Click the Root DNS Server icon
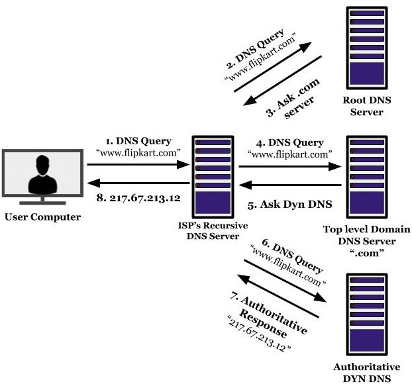pos(367,48)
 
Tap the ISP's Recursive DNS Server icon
pos(213,177)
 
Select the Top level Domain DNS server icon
pos(367,177)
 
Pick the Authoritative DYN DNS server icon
pos(367,314)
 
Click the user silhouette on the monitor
pos(42,175)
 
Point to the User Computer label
pos(42,217)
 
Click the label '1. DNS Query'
pos(138,141)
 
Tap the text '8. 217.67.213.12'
pos(138,197)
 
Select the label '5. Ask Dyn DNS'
pos(290,205)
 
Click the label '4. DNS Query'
pos(290,142)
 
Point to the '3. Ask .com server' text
pos(293,99)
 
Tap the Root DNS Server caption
pos(367,106)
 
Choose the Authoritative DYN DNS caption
pos(367,373)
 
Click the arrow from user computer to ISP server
pos(138,165)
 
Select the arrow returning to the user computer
pos(138,183)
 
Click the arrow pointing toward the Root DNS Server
pos(273,67)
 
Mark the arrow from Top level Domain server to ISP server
pos(290,185)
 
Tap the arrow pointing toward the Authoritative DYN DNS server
pos(285,281)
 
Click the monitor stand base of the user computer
pos(42,203)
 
